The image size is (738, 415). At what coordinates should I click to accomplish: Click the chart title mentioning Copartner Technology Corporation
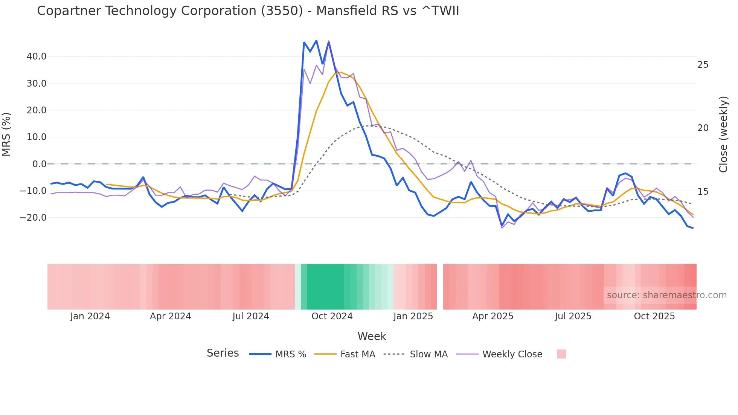pyautogui.click(x=248, y=11)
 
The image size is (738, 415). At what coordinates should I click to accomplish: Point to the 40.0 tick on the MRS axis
pyautogui.click(x=37, y=56)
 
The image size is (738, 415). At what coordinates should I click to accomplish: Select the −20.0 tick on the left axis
pyautogui.click(x=34, y=218)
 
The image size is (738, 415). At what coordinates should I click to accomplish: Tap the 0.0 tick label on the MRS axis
pyautogui.click(x=39, y=164)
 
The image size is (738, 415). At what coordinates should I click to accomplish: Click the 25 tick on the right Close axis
pyautogui.click(x=703, y=65)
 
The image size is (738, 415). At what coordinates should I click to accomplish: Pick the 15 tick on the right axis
pyautogui.click(x=703, y=192)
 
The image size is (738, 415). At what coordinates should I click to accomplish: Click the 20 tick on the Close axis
pyautogui.click(x=703, y=128)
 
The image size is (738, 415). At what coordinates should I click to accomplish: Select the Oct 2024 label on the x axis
pyautogui.click(x=332, y=316)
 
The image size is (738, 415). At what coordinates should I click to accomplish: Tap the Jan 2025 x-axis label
pyautogui.click(x=413, y=316)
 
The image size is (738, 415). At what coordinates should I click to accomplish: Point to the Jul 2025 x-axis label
pyautogui.click(x=573, y=316)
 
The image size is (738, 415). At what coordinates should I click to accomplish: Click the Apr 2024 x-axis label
pyautogui.click(x=170, y=316)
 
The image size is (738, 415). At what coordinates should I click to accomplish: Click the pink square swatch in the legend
pyautogui.click(x=561, y=354)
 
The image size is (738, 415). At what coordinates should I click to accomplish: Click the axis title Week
pyautogui.click(x=372, y=336)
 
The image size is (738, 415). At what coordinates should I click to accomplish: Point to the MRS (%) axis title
pyautogui.click(x=6, y=134)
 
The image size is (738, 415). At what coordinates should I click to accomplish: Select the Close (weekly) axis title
pyautogui.click(x=723, y=134)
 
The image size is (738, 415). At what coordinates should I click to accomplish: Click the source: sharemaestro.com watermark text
pyautogui.click(x=666, y=295)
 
